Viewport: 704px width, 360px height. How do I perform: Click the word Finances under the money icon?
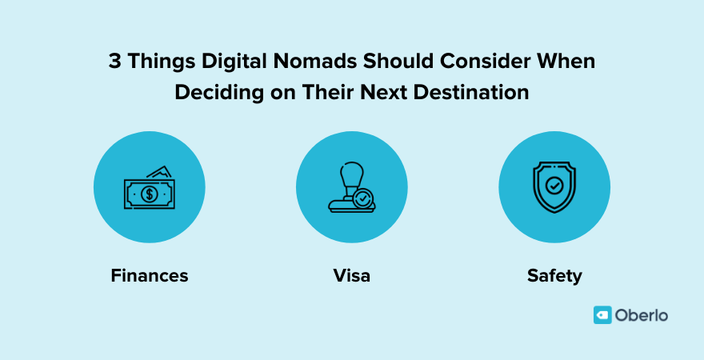coord(150,276)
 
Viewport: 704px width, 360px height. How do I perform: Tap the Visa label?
coord(351,276)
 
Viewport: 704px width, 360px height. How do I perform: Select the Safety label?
coord(554,276)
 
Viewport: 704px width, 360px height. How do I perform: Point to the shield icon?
coord(554,188)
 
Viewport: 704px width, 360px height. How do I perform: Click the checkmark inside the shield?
coord(554,186)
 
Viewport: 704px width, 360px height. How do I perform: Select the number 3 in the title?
coord(114,63)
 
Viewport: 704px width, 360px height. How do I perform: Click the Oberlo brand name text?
coord(642,315)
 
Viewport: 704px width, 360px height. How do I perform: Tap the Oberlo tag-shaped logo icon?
coord(602,315)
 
